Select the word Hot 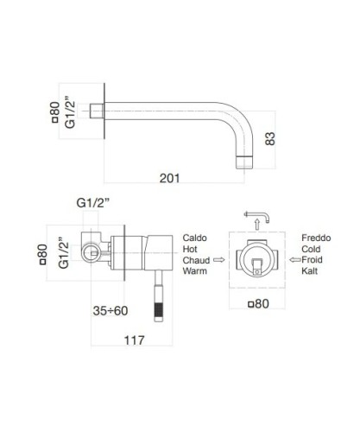pos(191,248)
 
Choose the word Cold pos(313,248)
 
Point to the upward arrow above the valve pos(256,224)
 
